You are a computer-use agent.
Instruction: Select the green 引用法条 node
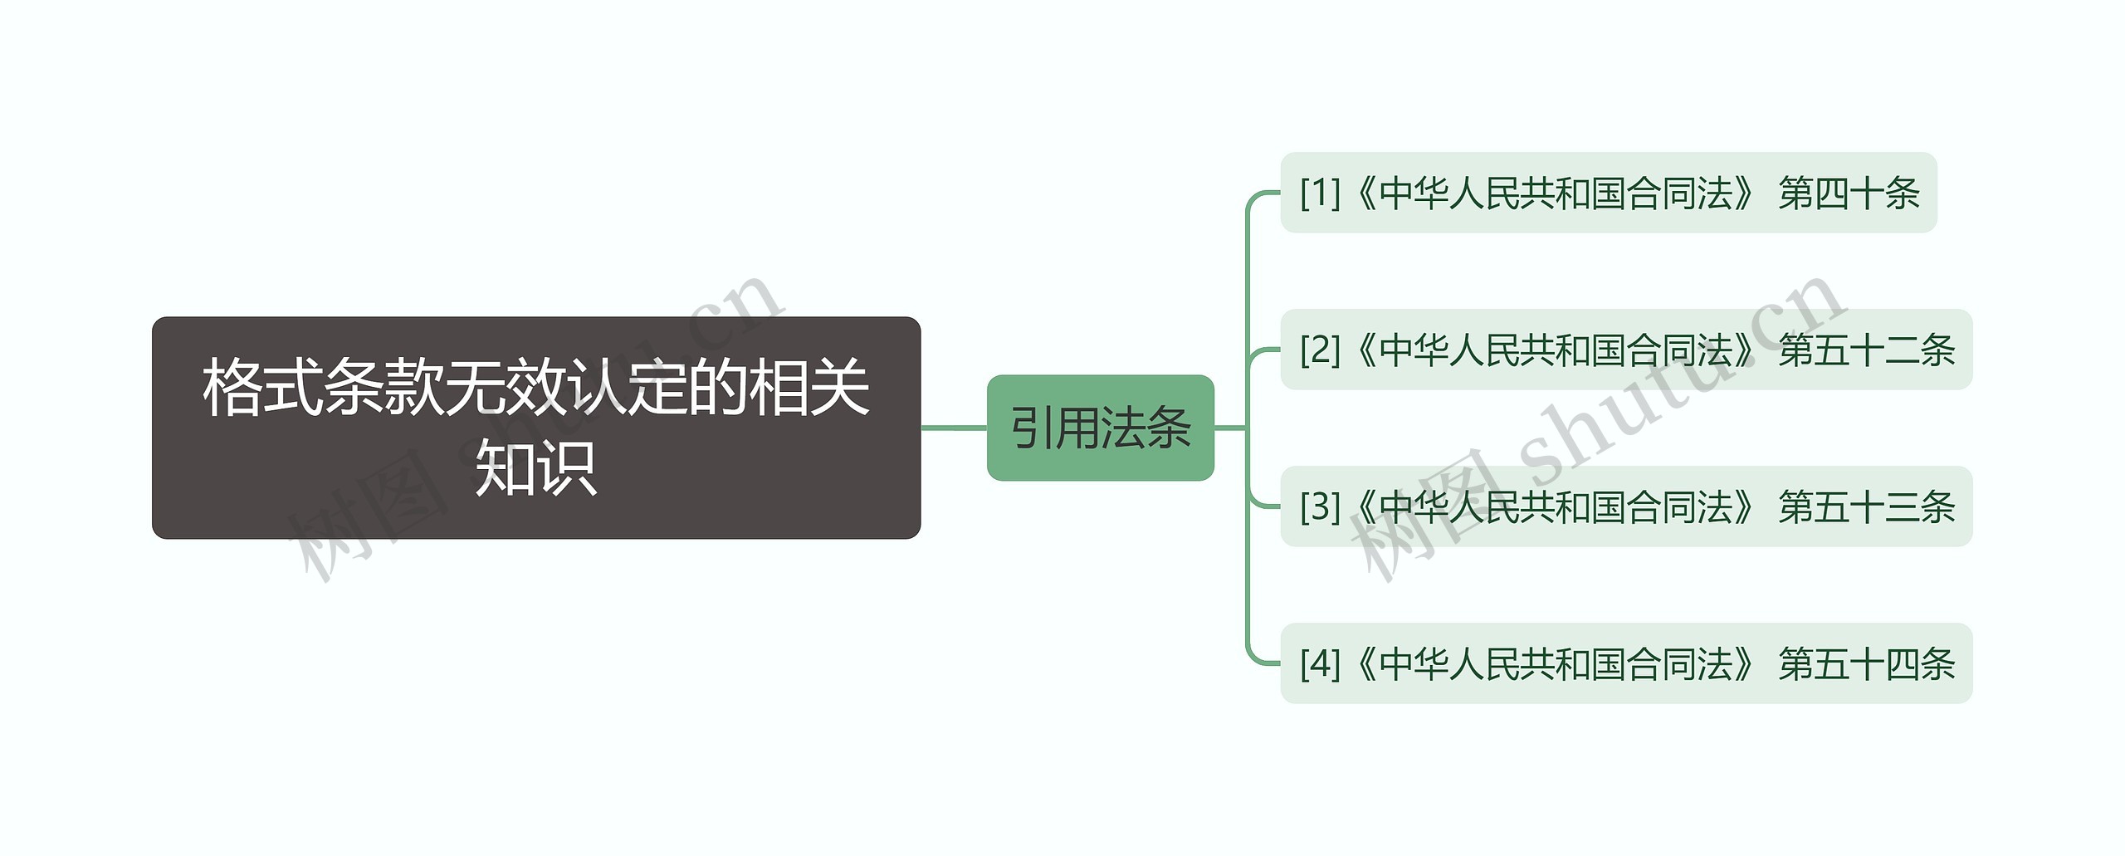click(x=1100, y=428)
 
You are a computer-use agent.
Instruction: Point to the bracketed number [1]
click(x=1320, y=193)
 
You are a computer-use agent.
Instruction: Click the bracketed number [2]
click(x=1320, y=350)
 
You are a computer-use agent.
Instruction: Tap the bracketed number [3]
click(x=1320, y=506)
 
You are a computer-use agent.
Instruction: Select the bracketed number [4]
click(x=1320, y=663)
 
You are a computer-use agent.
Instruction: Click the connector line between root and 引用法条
click(x=954, y=428)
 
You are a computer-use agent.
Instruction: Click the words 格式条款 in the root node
click(x=323, y=388)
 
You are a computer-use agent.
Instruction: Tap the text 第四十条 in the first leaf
click(x=1849, y=193)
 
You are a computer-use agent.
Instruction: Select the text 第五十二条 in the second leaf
click(x=1866, y=350)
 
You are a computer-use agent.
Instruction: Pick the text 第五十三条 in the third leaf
click(x=1866, y=506)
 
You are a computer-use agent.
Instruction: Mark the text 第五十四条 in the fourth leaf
click(x=1866, y=663)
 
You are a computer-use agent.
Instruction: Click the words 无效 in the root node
click(x=506, y=388)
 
